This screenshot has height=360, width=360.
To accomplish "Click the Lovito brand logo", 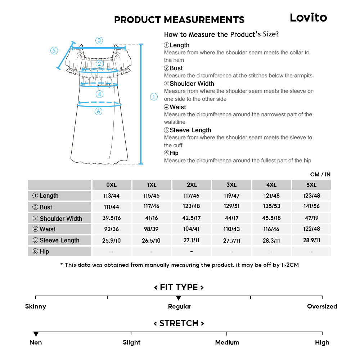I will (x=309, y=17).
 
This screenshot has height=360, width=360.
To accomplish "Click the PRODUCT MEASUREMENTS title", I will (x=179, y=20).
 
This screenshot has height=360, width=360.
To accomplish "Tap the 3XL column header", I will (x=231, y=185).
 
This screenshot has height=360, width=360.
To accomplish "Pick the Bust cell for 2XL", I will (x=192, y=207).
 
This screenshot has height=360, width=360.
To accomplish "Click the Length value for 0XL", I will (x=112, y=196).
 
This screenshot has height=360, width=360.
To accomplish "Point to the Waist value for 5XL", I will (x=311, y=229).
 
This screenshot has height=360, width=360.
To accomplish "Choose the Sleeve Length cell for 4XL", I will (x=271, y=240).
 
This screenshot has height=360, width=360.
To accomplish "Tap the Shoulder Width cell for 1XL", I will (x=152, y=218).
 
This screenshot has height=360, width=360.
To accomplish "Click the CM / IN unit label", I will (x=320, y=175).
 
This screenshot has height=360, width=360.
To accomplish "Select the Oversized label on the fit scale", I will (x=322, y=306).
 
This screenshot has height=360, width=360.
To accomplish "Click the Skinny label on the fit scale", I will (x=36, y=306).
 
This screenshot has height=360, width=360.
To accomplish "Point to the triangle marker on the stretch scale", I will (x=36, y=334).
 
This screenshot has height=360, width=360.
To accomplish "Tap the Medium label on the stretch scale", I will (x=227, y=342).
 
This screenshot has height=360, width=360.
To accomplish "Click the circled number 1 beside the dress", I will (x=154, y=96).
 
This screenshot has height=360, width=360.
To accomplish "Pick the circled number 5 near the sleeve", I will (x=54, y=50).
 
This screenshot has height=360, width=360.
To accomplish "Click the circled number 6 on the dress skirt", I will (x=99, y=112).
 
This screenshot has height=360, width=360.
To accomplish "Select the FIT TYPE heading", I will (x=179, y=287).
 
